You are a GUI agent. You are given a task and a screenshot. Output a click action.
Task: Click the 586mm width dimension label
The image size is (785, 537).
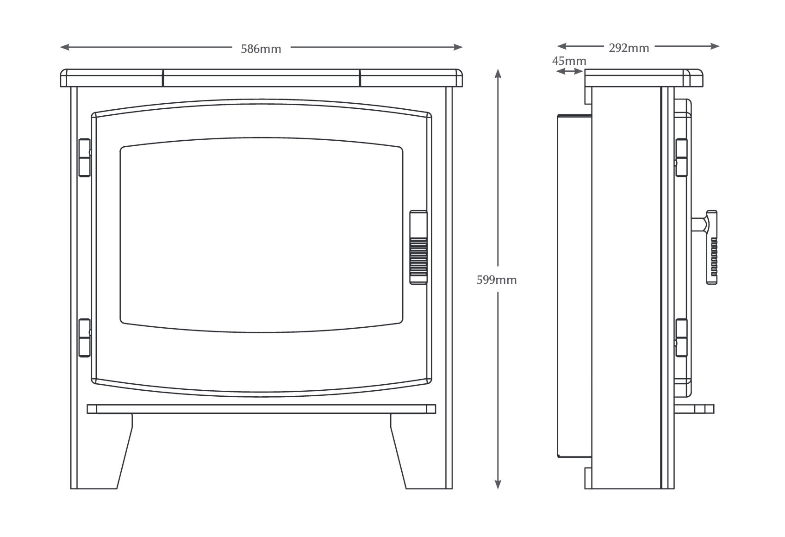(261, 49)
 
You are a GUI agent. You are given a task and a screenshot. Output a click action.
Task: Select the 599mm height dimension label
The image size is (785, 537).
(496, 280)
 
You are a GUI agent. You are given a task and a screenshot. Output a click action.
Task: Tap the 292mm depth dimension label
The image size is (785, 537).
(629, 48)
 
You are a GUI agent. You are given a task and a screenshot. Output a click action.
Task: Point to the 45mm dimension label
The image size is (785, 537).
(569, 61)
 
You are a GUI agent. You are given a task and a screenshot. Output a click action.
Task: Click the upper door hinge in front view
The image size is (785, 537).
(84, 157)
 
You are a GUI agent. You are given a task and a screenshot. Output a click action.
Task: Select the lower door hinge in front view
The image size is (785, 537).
(84, 338)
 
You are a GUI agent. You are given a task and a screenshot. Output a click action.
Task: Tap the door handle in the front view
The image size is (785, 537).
(418, 247)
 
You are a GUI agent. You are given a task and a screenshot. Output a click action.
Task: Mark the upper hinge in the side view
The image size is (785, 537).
(681, 158)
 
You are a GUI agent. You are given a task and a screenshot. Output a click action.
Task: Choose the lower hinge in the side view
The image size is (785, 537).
(681, 338)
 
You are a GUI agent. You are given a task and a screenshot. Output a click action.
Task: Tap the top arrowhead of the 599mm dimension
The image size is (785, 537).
(498, 73)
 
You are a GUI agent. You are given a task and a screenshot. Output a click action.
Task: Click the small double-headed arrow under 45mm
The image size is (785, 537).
(569, 71)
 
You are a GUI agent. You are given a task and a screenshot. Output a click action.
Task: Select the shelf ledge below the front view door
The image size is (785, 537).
(261, 409)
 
